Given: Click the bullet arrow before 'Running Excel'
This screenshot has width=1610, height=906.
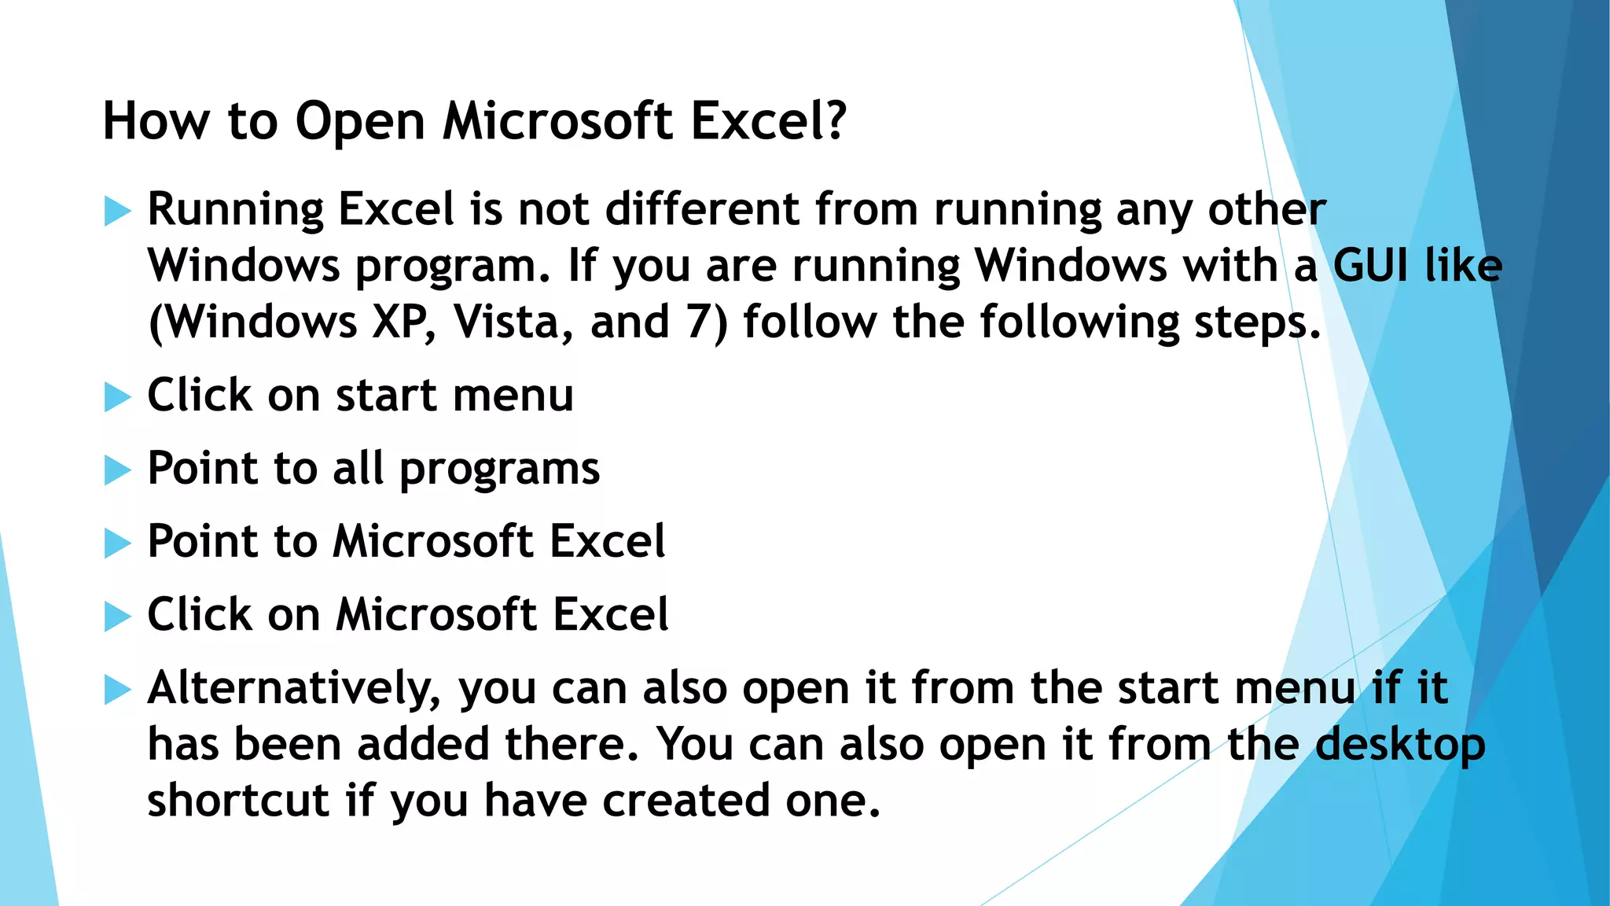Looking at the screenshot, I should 117,212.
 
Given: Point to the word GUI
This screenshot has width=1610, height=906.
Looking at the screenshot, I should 1370,266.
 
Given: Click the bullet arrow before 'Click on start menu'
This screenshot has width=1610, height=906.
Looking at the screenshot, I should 117,397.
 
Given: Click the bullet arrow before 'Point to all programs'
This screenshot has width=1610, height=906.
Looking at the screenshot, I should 117,470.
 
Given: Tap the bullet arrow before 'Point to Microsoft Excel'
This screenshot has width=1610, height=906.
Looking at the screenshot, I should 117,543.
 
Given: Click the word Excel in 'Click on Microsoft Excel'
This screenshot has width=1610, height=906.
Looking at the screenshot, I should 611,614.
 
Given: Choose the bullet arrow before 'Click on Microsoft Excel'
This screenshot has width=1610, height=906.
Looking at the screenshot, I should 117,617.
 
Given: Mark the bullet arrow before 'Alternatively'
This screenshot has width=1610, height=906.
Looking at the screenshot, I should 117,690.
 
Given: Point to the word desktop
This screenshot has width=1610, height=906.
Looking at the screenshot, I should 1400,746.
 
